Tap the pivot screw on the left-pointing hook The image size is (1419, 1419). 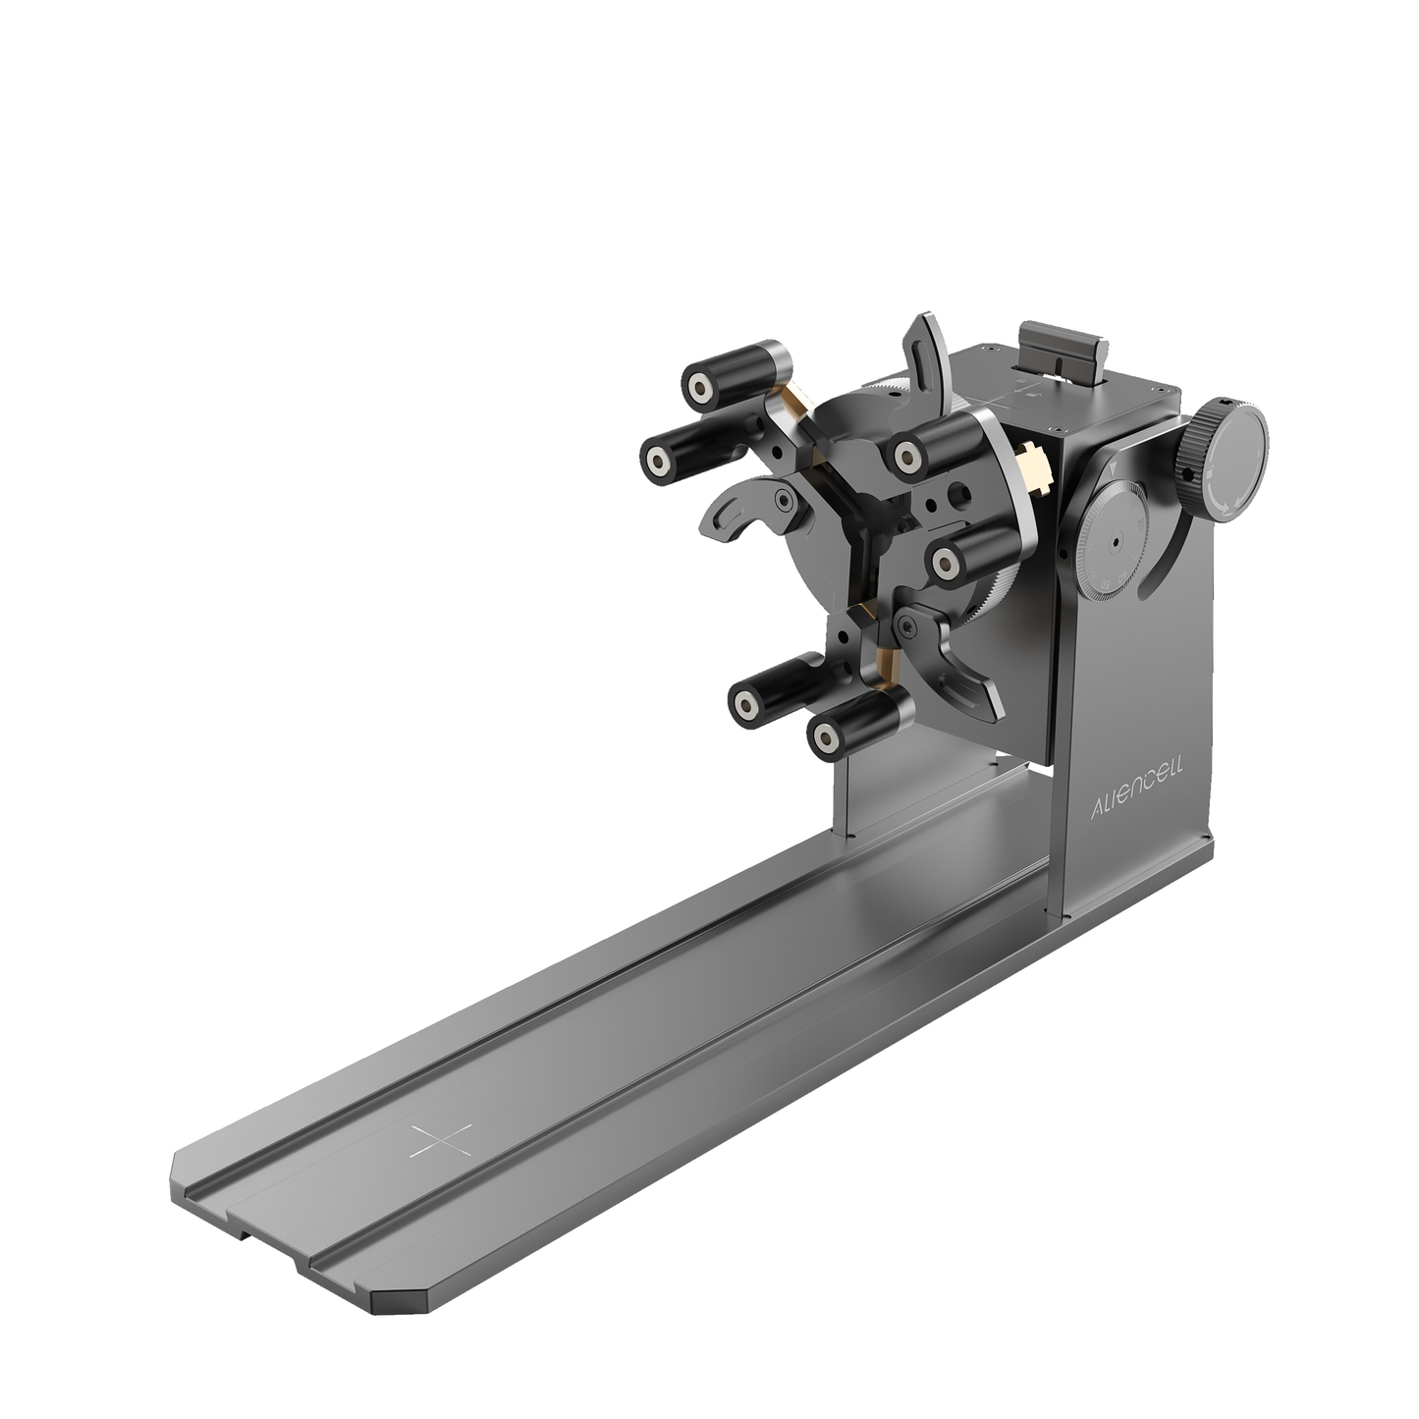tap(781, 500)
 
